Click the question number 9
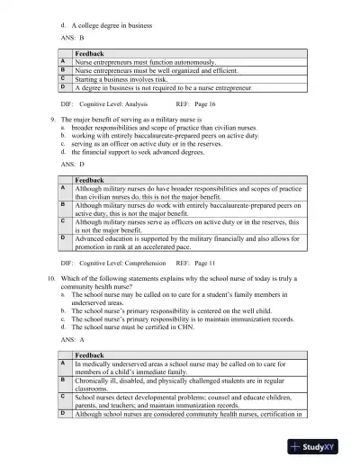point(56,119)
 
